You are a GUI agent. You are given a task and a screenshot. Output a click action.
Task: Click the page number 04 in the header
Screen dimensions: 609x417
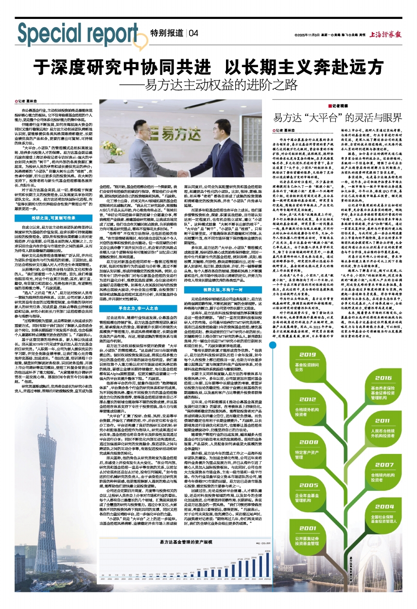coord(193,33)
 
